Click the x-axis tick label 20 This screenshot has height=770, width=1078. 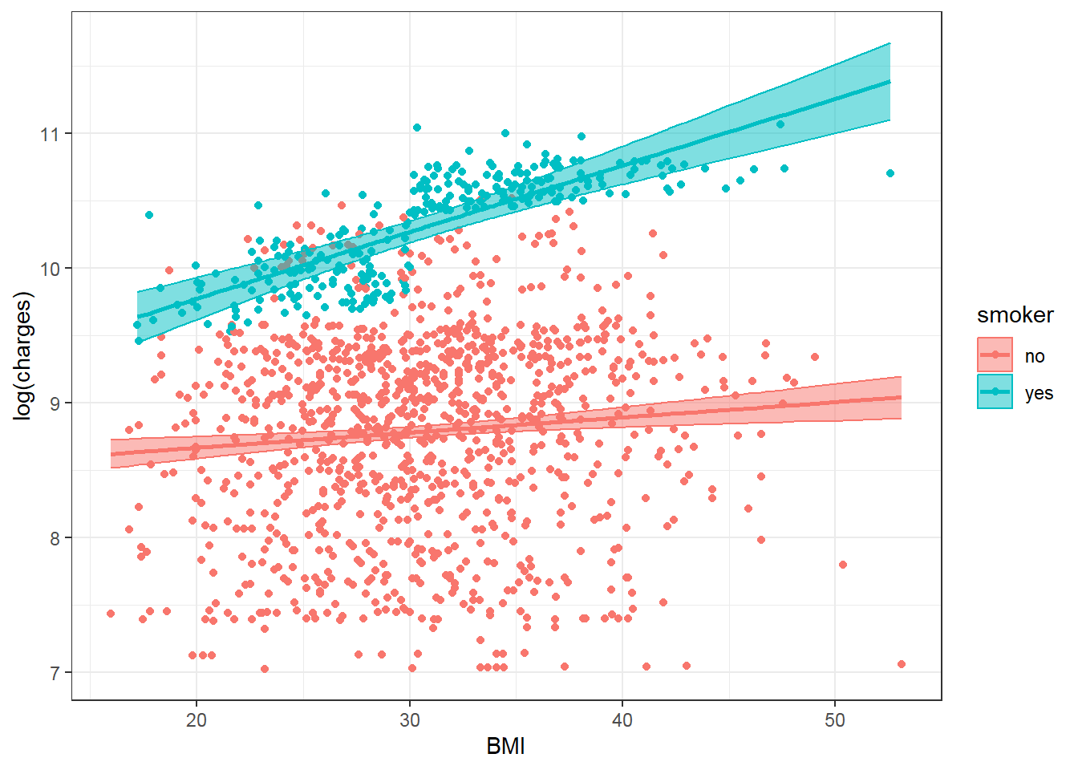[x=197, y=720]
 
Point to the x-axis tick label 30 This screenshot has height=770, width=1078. [x=409, y=720]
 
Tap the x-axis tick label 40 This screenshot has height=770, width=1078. [x=622, y=720]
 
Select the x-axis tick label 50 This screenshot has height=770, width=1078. [x=835, y=720]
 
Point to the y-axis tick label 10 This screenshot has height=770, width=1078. [x=51, y=269]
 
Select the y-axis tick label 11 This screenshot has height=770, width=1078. [x=51, y=134]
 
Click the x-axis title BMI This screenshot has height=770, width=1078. [x=505, y=747]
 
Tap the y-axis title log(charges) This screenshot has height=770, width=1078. [x=24, y=355]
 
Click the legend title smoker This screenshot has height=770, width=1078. [x=1015, y=315]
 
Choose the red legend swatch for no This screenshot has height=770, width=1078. [x=995, y=355]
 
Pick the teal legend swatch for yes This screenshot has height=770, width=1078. [x=995, y=392]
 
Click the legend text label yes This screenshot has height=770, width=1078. [x=1039, y=393]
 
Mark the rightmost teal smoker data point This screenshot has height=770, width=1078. [x=890, y=173]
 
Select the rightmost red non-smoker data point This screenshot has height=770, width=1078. [x=902, y=664]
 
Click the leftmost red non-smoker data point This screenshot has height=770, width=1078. [x=111, y=614]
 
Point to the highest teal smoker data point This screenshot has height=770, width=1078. [x=417, y=128]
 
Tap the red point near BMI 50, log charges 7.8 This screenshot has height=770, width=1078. [x=843, y=565]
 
